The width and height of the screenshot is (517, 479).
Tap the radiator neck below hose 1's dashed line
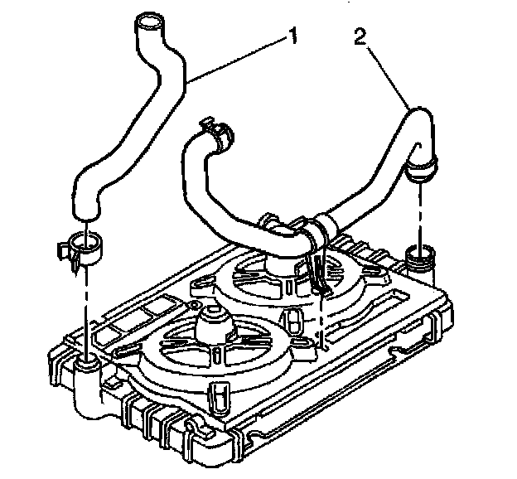click(x=87, y=365)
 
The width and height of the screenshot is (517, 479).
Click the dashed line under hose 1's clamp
click(x=85, y=307)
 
